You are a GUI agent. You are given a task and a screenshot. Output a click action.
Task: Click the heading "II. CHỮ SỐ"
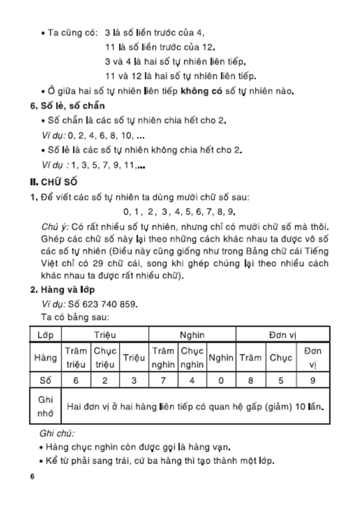click(54, 182)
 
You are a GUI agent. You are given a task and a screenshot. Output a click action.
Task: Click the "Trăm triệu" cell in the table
click(75, 358)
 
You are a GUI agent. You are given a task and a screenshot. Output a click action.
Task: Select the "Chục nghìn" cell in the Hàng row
click(192, 358)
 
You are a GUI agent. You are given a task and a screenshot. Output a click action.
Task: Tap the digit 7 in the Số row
click(163, 380)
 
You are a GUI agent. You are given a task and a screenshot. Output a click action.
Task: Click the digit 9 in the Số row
click(313, 380)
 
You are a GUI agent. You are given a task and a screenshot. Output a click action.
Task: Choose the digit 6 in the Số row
click(75, 380)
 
